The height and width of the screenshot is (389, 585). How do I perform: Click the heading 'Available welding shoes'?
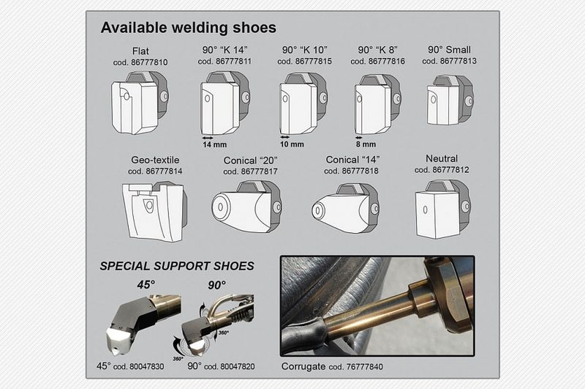188,28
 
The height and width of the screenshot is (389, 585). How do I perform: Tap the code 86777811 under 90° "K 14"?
226,62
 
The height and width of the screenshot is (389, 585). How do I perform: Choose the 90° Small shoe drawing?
449,100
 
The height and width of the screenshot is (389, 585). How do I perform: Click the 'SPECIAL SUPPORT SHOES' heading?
177,266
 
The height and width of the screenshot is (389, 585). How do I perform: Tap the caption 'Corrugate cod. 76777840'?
331,366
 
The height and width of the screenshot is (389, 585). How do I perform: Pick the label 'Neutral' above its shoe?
442,158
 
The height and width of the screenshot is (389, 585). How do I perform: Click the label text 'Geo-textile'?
155,159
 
